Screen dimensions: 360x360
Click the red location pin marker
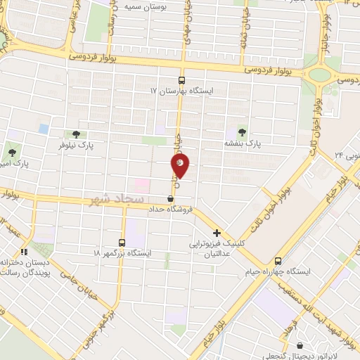[x=180, y=166]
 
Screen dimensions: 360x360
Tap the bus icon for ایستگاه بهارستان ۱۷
[x=182, y=80]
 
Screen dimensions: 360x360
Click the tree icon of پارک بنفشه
[x=243, y=131]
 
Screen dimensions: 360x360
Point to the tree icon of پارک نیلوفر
[x=77, y=134]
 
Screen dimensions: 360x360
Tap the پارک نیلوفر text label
[x=76, y=145]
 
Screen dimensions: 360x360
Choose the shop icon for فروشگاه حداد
[x=171, y=199]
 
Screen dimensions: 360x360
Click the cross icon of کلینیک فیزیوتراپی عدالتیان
[x=217, y=233]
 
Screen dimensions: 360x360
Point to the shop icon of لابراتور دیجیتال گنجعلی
[x=302, y=345]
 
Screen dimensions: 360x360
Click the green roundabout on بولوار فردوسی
[x=321, y=74]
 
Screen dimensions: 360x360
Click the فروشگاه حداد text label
[x=169, y=210]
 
